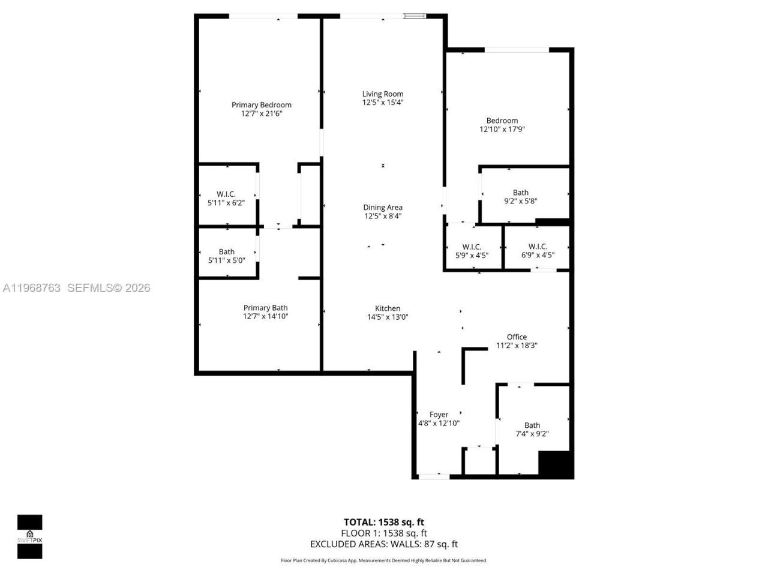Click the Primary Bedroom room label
(262, 105)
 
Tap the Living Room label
(383, 94)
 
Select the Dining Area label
(383, 208)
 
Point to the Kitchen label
(388, 308)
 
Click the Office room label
(517, 337)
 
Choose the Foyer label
(439, 415)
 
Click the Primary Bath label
(265, 308)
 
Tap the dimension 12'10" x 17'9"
(502, 129)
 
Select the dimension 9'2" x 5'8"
(520, 202)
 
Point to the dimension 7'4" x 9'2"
(532, 434)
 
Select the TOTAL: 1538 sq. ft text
(383, 522)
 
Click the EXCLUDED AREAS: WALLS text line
(383, 544)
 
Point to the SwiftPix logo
(29, 536)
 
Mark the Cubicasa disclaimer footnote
(384, 560)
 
